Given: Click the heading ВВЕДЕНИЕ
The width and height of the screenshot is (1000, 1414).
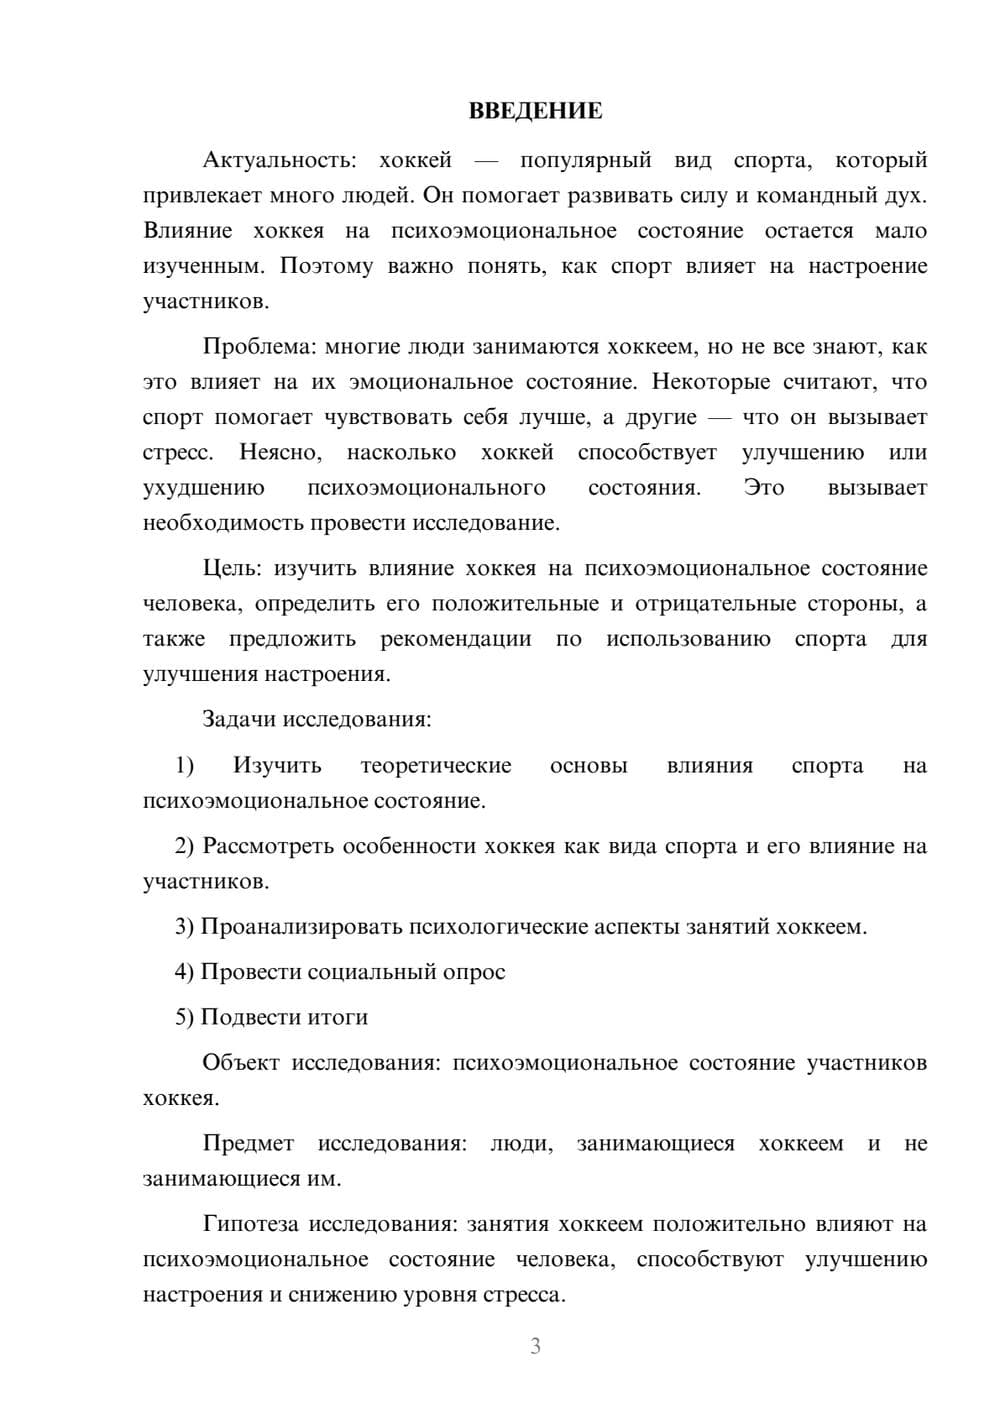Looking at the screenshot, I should click(535, 111).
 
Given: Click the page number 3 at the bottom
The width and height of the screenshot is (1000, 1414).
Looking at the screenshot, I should click(535, 1346).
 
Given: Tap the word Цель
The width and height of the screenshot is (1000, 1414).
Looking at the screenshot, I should click(231, 568).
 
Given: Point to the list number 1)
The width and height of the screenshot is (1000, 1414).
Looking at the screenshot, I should click(184, 765).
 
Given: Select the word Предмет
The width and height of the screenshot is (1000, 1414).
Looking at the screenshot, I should click(248, 1143).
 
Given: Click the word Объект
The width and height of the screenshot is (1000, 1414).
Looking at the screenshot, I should click(241, 1062).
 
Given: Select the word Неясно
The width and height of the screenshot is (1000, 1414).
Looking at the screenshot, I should click(280, 452).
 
